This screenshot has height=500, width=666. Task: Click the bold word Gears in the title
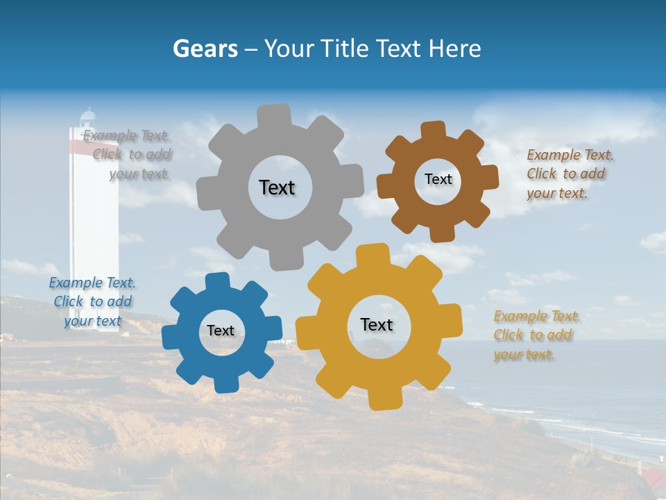pyautogui.click(x=205, y=49)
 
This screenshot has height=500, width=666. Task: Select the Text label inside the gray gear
pyautogui.click(x=277, y=187)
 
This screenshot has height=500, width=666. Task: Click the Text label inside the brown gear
pyautogui.click(x=438, y=179)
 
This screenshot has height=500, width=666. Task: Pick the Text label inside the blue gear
pyautogui.click(x=221, y=331)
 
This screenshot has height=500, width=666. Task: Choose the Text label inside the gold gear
pyautogui.click(x=377, y=324)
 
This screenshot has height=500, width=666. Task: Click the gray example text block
pyautogui.click(x=128, y=155)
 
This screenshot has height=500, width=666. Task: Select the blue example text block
pyautogui.click(x=92, y=301)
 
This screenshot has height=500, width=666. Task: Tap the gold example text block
pyautogui.click(x=537, y=335)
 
